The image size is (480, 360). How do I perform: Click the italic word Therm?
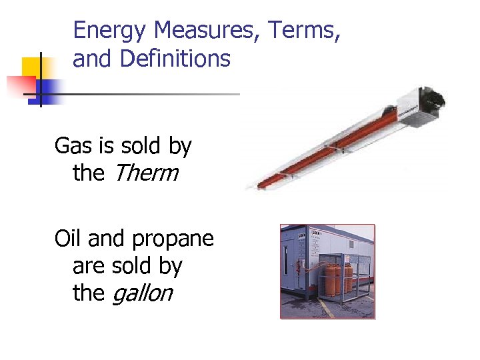145,173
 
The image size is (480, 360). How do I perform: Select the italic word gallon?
142,293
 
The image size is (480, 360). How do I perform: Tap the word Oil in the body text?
68,238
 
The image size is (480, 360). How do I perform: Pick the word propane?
173,239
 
